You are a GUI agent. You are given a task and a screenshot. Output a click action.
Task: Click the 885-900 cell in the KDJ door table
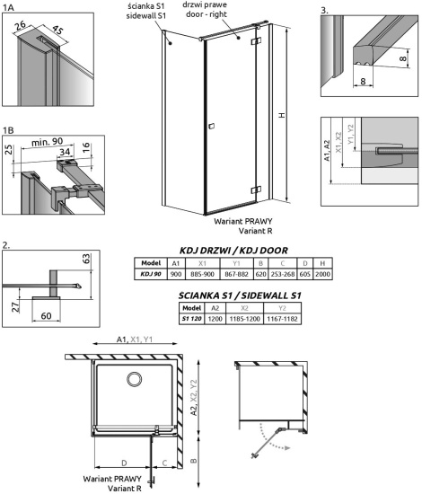click(203, 274)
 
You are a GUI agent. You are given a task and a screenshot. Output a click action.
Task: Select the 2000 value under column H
click(322, 274)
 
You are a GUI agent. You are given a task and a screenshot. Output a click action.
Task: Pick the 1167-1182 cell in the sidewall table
click(282, 319)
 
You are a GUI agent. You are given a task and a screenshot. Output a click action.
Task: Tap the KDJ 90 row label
click(151, 274)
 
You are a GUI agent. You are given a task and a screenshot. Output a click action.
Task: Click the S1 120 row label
click(191, 319)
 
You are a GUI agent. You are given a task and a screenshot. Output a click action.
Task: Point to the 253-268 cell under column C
click(283, 274)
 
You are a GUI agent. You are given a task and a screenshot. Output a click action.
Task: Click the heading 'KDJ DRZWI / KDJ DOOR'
click(233, 251)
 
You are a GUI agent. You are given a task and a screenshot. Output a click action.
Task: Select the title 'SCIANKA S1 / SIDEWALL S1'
click(240, 296)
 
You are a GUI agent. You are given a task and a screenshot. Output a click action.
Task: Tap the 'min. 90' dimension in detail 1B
click(48, 143)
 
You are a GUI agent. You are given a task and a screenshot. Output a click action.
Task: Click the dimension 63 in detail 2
click(86, 259)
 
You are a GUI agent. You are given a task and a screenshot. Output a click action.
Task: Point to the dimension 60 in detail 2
click(47, 315)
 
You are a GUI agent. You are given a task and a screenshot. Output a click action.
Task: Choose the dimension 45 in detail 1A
click(57, 30)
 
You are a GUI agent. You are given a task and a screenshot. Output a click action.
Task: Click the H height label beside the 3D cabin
click(282, 115)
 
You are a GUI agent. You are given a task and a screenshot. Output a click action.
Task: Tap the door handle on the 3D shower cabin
click(211, 126)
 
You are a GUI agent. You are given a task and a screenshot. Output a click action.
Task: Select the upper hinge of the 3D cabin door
click(256, 41)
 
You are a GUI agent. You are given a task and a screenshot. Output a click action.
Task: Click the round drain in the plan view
click(134, 379)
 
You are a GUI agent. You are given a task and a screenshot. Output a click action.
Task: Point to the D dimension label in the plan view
click(124, 463)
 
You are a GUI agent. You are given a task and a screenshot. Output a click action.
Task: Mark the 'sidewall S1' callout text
click(146, 16)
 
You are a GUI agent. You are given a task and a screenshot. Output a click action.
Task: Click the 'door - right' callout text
click(207, 14)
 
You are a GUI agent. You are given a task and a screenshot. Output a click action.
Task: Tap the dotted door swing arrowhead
click(286, 448)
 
